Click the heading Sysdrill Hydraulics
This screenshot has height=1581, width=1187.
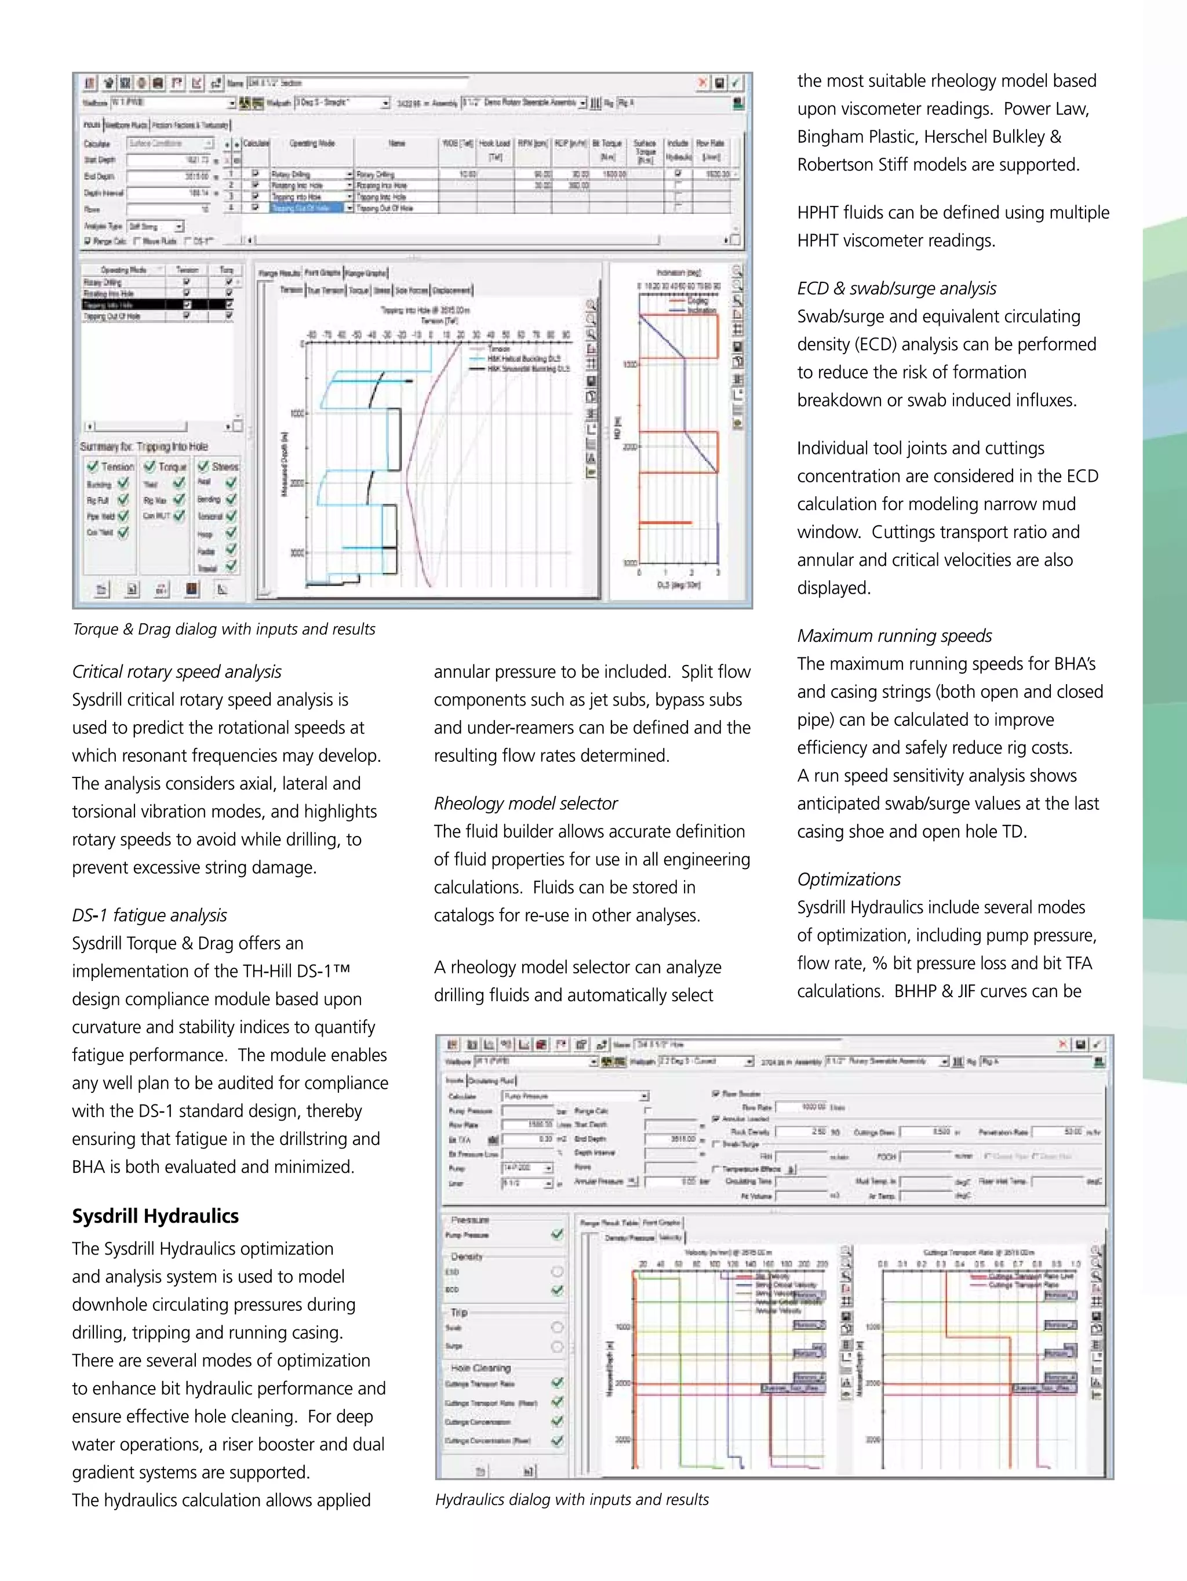pos(155,1216)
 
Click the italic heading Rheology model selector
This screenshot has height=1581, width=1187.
pos(525,804)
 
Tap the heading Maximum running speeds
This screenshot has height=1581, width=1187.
pos(894,635)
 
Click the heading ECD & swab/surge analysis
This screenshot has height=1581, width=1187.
pos(896,288)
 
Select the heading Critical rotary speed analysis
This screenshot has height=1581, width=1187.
pos(177,672)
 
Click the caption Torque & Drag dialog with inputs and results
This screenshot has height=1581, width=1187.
pos(224,629)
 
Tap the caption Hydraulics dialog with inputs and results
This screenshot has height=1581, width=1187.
pos(571,1499)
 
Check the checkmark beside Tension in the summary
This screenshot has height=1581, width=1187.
pos(93,466)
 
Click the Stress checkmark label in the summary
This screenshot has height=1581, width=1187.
pos(224,466)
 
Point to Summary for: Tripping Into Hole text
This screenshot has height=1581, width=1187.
pos(144,447)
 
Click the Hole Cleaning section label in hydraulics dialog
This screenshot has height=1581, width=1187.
pos(480,1368)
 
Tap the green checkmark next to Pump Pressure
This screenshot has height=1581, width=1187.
pos(558,1234)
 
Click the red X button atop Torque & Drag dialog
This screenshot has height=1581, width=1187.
pos(702,83)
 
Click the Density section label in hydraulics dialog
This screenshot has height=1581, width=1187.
pos(467,1256)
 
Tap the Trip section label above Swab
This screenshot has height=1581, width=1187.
pos(459,1312)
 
